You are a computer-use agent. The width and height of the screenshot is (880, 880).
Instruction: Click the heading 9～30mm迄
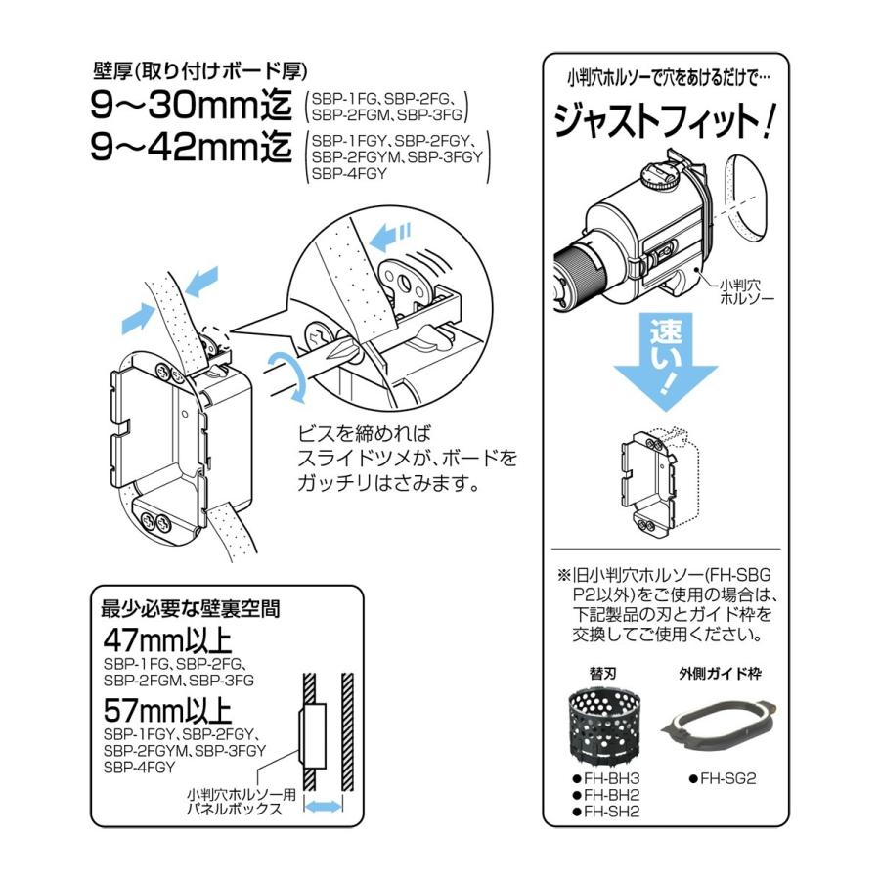191,105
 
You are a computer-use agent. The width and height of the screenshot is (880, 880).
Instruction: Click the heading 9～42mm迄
191,147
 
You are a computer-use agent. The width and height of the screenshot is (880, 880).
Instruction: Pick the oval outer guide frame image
720,725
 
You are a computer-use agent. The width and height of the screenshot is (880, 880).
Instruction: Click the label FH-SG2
723,778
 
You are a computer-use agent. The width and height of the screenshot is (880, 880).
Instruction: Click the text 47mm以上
167,640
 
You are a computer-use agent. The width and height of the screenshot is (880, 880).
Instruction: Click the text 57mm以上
167,711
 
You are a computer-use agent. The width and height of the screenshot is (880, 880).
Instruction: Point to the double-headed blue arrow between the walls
323,807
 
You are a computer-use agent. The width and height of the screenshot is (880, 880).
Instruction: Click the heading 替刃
602,673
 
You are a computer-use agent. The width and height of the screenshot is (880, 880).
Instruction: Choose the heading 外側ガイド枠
720,673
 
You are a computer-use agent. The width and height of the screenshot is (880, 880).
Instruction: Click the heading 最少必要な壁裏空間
191,609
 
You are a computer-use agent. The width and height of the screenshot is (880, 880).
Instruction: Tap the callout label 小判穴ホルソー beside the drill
747,291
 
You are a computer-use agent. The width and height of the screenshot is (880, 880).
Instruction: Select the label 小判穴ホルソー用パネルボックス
242,802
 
